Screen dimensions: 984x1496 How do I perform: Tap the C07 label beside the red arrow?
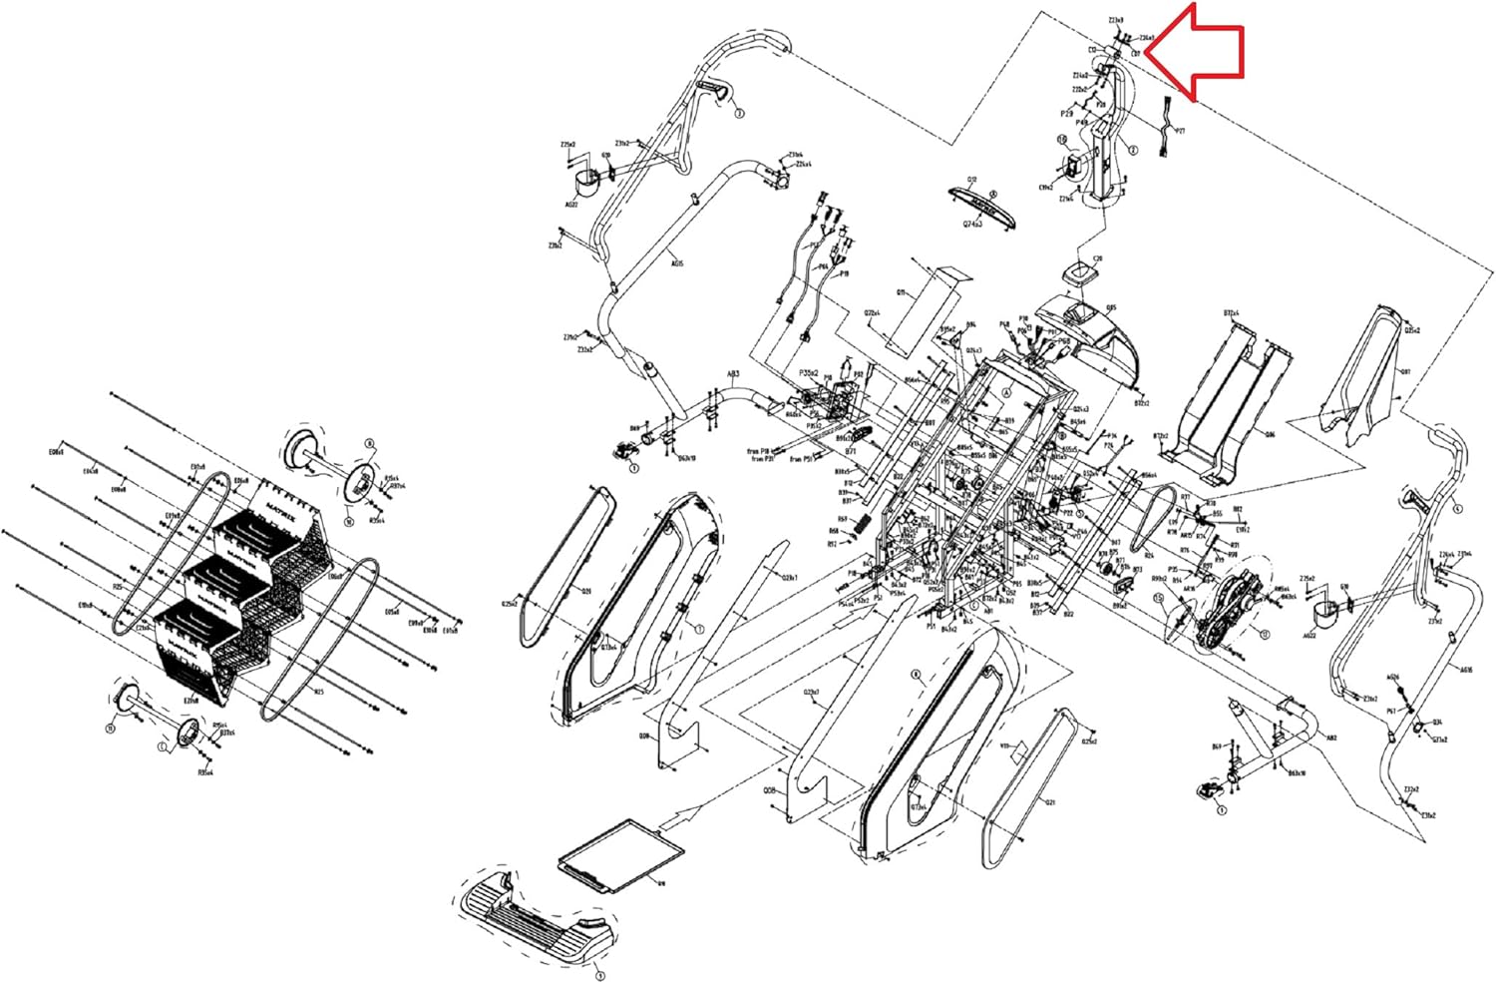(x=1136, y=53)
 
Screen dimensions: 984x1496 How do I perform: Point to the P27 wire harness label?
(x=1181, y=131)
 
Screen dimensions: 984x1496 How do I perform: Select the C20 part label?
(x=1097, y=258)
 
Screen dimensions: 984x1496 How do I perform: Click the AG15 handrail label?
(x=677, y=264)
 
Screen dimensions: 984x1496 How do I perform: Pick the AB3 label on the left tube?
(x=733, y=375)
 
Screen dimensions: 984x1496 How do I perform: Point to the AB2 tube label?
(x=1330, y=738)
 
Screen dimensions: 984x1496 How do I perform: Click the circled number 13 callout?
(x=1265, y=634)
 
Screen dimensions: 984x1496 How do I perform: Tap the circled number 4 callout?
(x=1458, y=509)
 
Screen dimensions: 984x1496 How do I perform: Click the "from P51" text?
(x=802, y=459)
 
